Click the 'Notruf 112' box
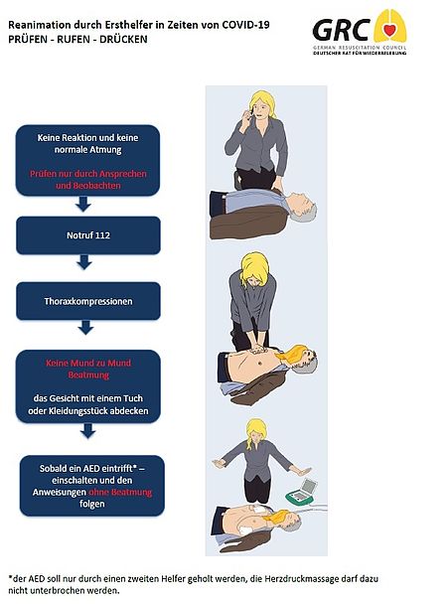88,235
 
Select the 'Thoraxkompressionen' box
88,301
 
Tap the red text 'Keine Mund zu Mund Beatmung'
88,369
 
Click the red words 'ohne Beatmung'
120,493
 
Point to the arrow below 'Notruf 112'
84,262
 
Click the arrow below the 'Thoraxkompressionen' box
85,328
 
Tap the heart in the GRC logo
390,29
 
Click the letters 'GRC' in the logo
341,30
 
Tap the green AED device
304,492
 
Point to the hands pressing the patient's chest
257,350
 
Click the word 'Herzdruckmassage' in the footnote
296,578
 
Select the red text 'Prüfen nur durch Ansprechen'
88,174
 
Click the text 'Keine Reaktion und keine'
87,137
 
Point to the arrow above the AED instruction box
88,431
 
